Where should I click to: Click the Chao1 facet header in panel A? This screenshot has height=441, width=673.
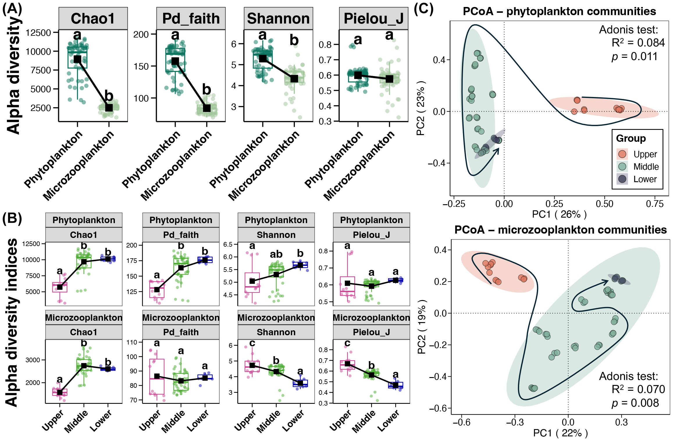click(x=93, y=19)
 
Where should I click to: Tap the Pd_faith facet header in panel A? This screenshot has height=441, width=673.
click(x=191, y=19)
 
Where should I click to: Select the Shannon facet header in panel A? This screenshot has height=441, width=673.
click(x=278, y=19)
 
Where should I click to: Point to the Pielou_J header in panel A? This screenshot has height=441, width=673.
click(x=373, y=19)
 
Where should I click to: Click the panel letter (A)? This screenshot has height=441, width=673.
click(x=12, y=9)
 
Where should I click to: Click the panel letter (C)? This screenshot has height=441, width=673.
click(x=423, y=9)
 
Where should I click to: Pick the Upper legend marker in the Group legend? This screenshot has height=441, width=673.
click(x=622, y=154)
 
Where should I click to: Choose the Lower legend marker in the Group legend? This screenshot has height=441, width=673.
click(x=622, y=179)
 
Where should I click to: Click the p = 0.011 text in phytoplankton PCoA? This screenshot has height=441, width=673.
click(x=634, y=56)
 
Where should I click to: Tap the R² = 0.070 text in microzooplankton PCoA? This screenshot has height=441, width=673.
click(x=638, y=389)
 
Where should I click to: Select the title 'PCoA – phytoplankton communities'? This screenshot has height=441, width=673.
click(x=559, y=11)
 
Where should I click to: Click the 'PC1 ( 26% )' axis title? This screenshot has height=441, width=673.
click(x=559, y=214)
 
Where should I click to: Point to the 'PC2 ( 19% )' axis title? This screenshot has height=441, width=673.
click(x=421, y=327)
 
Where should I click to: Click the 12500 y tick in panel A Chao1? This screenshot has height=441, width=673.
click(x=38, y=33)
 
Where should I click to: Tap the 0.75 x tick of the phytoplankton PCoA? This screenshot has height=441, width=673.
click(x=655, y=204)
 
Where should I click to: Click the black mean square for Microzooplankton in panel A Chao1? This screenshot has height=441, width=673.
click(x=109, y=107)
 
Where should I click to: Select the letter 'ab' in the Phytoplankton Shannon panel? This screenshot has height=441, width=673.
click(x=276, y=254)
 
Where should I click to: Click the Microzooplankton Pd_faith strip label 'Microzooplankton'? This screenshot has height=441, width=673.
click(x=181, y=318)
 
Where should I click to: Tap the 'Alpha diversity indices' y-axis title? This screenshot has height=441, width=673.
click(x=12, y=322)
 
